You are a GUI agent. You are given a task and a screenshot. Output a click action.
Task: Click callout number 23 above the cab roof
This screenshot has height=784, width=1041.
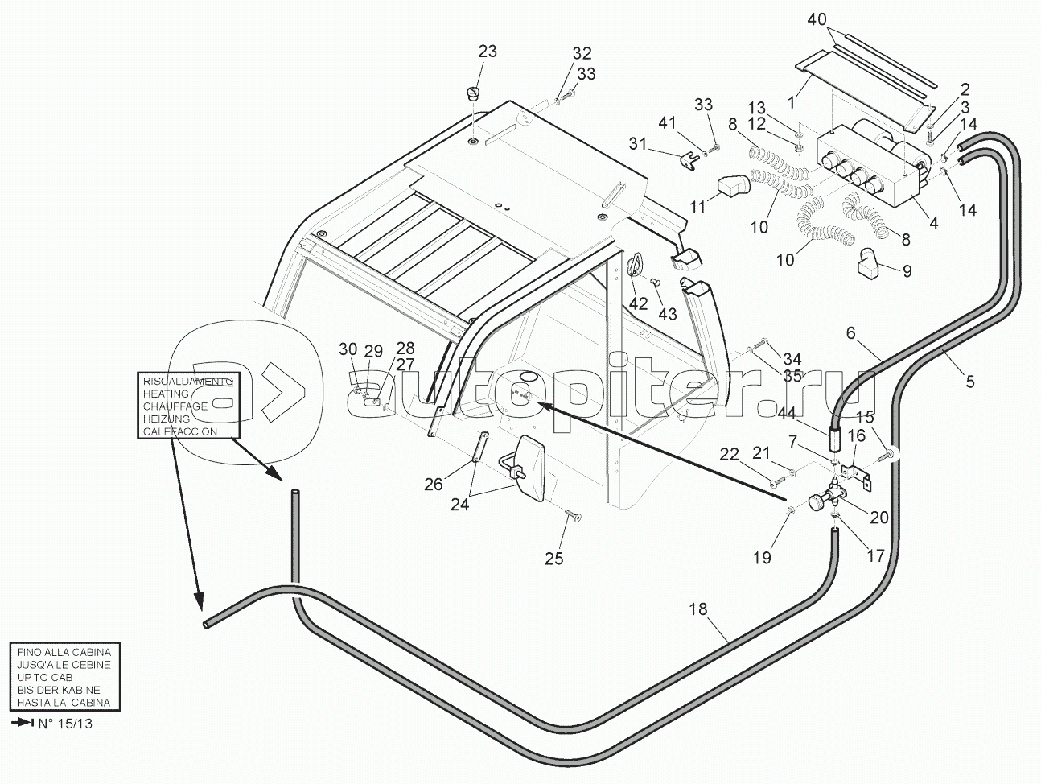[x=488, y=52]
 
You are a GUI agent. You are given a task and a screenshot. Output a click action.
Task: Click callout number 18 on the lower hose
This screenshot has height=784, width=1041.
[x=697, y=609]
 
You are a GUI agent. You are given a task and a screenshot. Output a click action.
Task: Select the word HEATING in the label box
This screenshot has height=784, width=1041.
[x=166, y=394]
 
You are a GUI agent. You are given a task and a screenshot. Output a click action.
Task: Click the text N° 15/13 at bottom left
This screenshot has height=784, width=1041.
[x=64, y=723]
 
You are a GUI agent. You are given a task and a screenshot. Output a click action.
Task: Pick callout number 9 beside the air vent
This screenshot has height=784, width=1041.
[x=907, y=271]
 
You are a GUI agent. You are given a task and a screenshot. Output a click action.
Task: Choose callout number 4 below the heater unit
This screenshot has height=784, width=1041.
[x=933, y=223]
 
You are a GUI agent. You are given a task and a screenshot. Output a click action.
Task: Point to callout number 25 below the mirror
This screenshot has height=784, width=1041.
[x=553, y=558]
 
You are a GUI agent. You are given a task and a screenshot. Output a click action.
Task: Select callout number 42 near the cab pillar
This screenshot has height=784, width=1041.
[x=638, y=303]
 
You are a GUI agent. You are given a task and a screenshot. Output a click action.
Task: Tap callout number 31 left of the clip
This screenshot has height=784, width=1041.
[x=638, y=143]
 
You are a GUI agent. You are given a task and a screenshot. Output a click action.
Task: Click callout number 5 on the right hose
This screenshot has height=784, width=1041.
[x=970, y=382]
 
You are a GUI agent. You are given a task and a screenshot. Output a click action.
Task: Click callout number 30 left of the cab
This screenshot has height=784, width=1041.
[x=348, y=349]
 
